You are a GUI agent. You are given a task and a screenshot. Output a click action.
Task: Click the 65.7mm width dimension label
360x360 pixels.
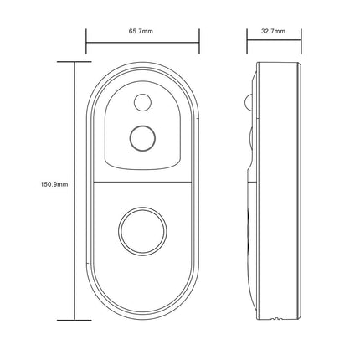141,30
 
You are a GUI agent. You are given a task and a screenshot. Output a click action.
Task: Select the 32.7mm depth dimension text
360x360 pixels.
273,30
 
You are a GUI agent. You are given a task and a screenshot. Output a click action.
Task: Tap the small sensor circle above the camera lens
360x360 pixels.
141,103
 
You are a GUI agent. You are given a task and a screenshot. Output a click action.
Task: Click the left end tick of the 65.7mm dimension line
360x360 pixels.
87,38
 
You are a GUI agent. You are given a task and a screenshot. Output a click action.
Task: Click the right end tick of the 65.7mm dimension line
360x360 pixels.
199,38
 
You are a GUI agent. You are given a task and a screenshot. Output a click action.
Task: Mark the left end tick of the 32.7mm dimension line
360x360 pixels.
248,38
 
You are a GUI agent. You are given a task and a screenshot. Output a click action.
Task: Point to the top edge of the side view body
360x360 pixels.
276,63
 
